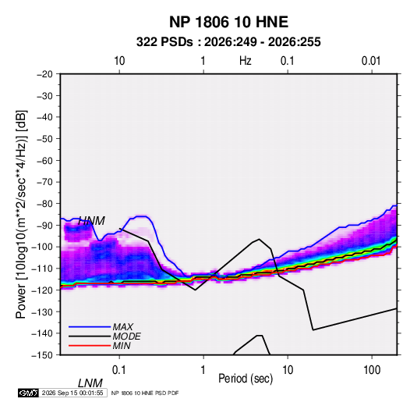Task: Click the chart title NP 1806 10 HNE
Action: [228, 22]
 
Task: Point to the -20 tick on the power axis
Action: [44, 74]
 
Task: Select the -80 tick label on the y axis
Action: [44, 204]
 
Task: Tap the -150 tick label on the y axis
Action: [43, 355]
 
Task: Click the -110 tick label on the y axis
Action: [43, 269]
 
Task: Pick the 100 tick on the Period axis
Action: [372, 370]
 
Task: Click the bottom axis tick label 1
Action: [203, 370]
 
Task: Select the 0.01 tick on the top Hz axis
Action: [371, 61]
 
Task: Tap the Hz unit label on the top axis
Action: [246, 61]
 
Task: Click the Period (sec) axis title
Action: [246, 379]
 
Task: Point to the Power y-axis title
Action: [21, 214]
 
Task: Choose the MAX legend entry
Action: [122, 327]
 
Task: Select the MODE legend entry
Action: [126, 336]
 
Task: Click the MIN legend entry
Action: [122, 346]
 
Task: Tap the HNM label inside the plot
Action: [91, 221]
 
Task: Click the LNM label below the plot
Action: [90, 383]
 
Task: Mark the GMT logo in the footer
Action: [29, 393]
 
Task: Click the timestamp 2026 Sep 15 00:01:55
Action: [72, 393]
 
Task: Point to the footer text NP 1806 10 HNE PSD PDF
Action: [145, 393]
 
